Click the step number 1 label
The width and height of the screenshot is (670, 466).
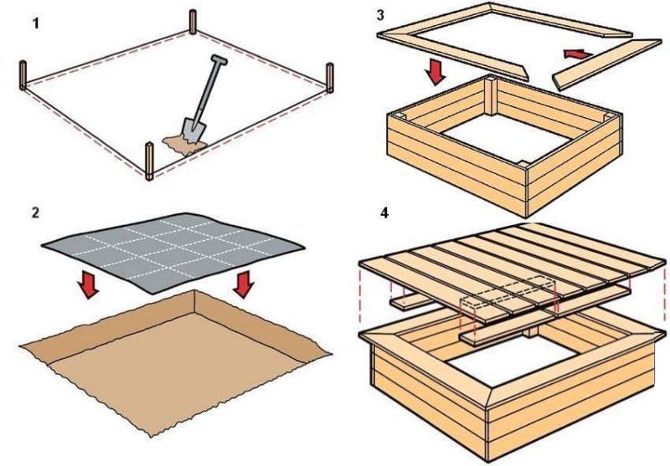pyautogui.click(x=35, y=24)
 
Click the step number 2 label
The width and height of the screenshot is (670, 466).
pyautogui.click(x=35, y=212)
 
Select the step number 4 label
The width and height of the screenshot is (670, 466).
pyautogui.click(x=384, y=212)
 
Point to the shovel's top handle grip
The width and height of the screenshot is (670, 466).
pyautogui.click(x=217, y=61)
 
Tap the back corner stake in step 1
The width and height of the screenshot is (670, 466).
pyautogui.click(x=194, y=23)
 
